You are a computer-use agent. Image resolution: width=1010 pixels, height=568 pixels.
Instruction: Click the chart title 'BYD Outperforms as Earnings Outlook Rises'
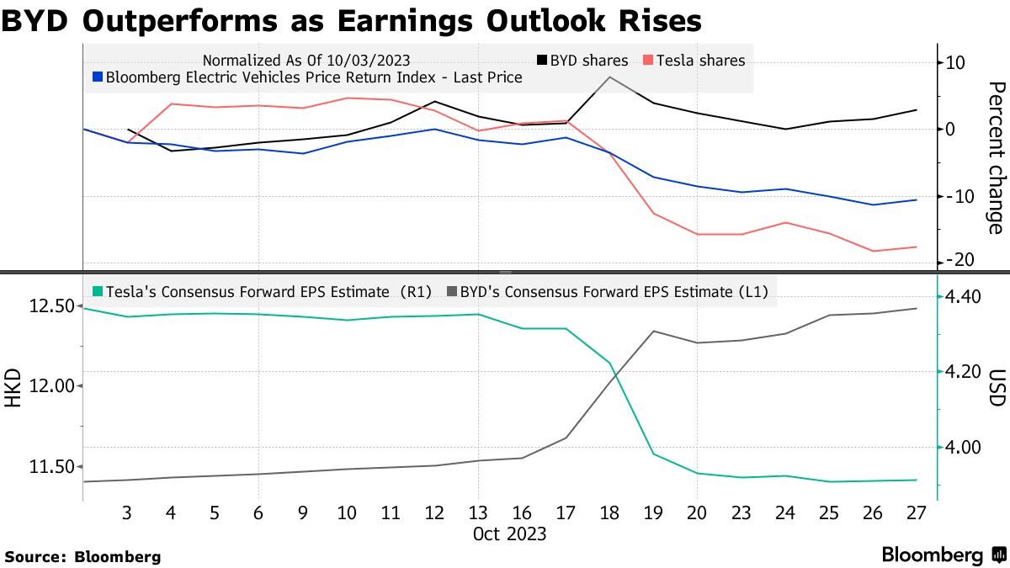(x=351, y=20)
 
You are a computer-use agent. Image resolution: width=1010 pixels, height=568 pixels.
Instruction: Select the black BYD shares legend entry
(x=582, y=61)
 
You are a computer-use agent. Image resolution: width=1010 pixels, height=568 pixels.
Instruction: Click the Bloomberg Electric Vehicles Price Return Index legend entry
(x=307, y=77)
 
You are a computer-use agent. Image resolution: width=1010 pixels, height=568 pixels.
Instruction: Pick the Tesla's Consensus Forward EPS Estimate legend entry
(x=261, y=292)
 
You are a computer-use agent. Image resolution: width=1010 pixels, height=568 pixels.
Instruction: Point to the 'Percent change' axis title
(x=996, y=158)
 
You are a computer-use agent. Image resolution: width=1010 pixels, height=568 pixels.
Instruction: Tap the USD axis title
(x=997, y=387)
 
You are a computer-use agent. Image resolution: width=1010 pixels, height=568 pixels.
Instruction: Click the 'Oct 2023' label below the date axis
(x=510, y=533)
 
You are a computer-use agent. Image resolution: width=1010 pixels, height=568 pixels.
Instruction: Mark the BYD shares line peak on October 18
(x=609, y=77)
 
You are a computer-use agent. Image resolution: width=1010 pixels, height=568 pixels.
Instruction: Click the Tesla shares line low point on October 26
(x=874, y=251)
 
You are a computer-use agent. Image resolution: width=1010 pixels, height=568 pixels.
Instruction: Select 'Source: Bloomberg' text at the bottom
(x=82, y=556)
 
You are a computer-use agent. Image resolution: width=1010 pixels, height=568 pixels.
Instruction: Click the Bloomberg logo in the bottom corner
(x=943, y=555)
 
